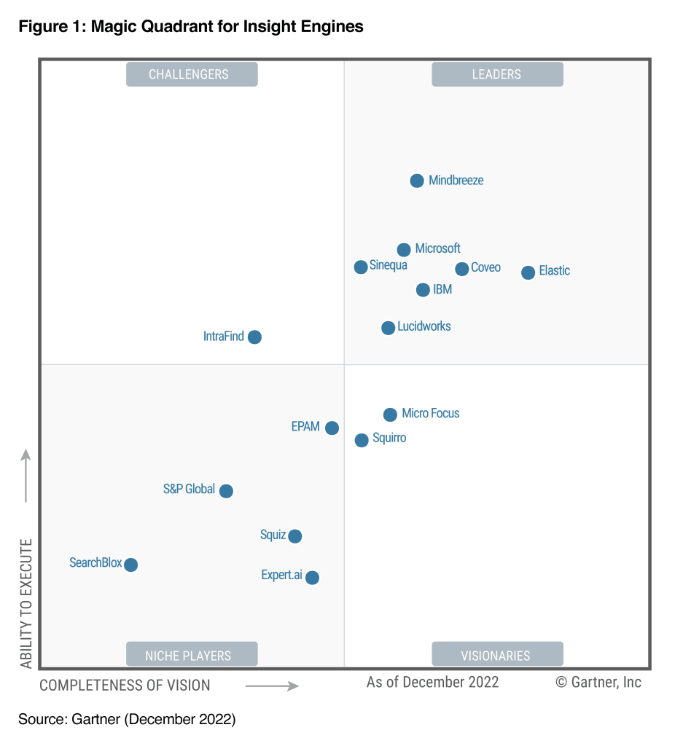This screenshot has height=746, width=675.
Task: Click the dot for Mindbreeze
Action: coord(417,181)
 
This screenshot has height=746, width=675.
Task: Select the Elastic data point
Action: coord(528,272)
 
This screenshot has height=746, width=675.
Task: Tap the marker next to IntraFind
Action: coord(254,337)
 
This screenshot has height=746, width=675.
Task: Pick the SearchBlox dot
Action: coord(130,565)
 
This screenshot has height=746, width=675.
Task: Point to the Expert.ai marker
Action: coord(312,578)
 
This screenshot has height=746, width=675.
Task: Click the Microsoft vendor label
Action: coord(437,248)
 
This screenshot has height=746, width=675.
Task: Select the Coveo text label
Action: coord(485,267)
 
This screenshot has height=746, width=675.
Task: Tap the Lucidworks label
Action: coord(424,326)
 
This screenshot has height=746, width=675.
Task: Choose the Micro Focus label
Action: coord(430,413)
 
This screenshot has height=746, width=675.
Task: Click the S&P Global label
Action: coord(189,489)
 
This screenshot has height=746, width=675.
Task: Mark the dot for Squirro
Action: coord(362,440)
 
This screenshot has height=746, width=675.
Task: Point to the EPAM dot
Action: coord(332,428)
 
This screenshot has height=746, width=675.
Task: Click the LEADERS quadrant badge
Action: coord(497,74)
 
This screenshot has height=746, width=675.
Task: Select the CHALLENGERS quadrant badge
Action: coord(192,74)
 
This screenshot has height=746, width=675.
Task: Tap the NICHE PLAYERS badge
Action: coord(192,655)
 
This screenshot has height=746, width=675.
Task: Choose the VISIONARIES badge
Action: coord(497,655)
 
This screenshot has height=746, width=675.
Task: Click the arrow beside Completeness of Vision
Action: coord(272,686)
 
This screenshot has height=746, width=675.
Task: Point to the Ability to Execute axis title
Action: coord(27,603)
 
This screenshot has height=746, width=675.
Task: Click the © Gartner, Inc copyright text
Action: coord(598,682)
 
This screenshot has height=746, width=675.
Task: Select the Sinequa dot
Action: coord(361,267)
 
